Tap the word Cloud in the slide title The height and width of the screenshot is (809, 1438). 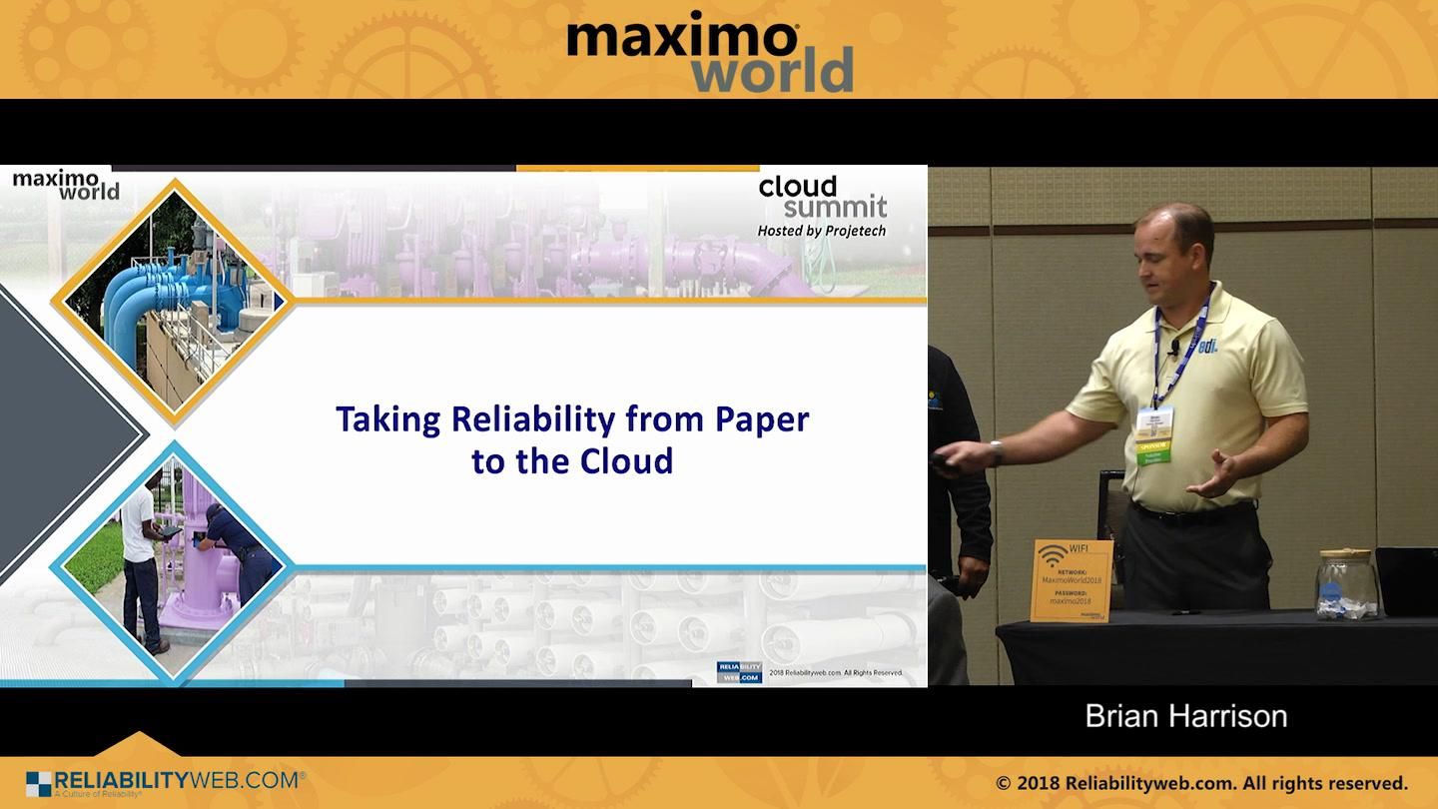point(629,461)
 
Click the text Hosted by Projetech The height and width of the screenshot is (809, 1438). point(821,231)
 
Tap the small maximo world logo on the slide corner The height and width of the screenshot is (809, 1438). point(66,185)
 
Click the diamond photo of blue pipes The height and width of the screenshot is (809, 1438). point(173,301)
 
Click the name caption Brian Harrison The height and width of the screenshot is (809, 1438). point(1185,716)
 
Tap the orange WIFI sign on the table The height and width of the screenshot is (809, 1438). point(1072,580)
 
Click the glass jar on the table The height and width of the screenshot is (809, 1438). point(1346,585)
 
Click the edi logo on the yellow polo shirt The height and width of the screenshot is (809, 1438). point(1206,346)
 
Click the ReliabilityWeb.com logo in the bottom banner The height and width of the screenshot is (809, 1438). point(165,782)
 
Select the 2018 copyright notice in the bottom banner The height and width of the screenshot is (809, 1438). point(1201,783)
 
